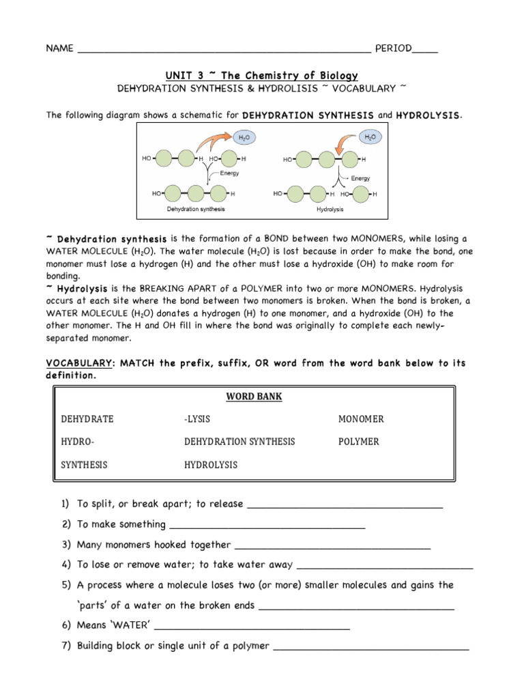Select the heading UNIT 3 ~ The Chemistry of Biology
pos(262,75)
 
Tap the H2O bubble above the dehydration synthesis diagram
pos(244,138)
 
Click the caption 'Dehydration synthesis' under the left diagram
pos(196,209)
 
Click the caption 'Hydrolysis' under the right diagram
pos(330,209)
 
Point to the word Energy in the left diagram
pos(229,174)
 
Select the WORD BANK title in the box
pos(253,396)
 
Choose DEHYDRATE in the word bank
pos(87,418)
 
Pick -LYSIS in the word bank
pos(199,418)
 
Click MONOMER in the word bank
pos(361,418)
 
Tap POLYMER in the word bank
pos(358,442)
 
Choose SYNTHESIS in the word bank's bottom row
pos(84,465)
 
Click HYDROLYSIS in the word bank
pos(210,465)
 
